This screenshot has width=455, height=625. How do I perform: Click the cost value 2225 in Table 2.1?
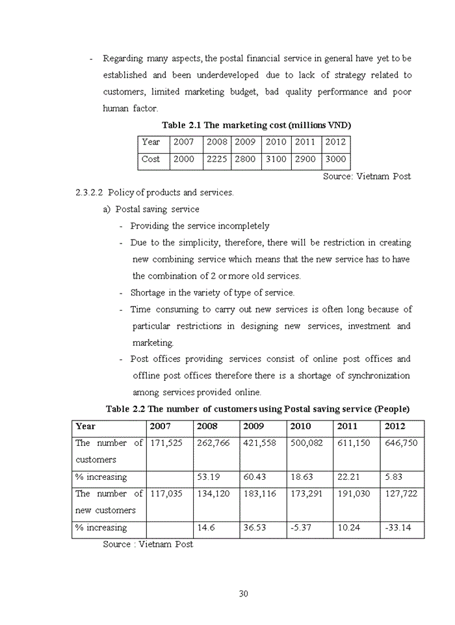[216, 159]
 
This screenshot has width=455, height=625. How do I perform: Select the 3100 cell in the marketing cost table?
[276, 159]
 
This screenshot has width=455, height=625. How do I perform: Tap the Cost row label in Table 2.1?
[151, 159]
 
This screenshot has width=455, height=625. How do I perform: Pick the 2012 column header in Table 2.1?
[335, 142]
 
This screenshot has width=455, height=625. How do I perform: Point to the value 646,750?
[401, 443]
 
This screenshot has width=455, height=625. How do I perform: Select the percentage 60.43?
[255, 477]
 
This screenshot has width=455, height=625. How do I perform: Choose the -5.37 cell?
[301, 528]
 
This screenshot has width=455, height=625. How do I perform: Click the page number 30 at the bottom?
[244, 593]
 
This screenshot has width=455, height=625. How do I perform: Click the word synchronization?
[379, 376]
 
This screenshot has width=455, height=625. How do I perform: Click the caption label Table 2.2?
[125, 409]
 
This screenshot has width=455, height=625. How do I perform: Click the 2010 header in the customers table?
[300, 426]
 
